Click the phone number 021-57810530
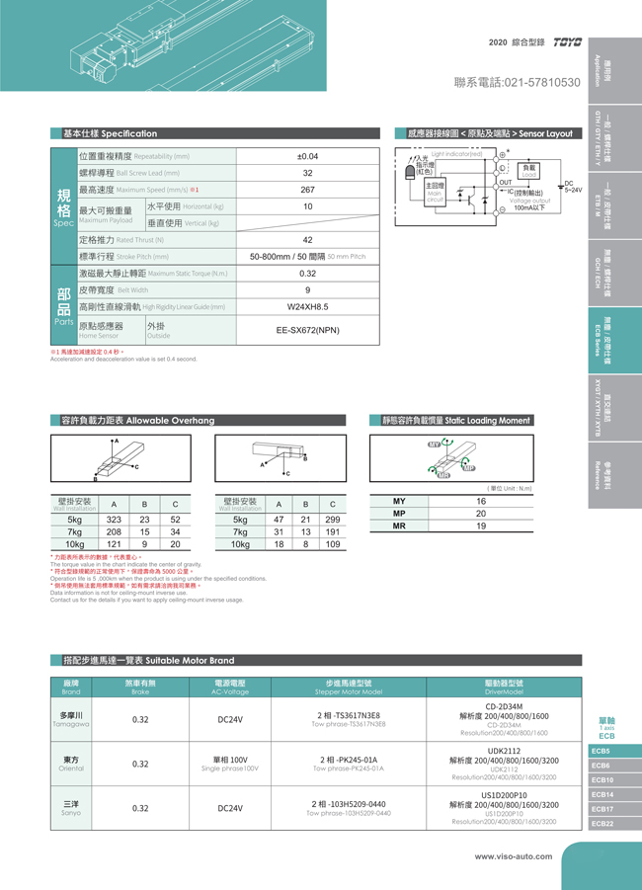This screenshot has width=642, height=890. [x=517, y=82]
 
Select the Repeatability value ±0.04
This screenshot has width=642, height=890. [x=307, y=156]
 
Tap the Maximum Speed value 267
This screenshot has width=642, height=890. [x=307, y=190]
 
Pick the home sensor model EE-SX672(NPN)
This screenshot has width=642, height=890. [x=307, y=330]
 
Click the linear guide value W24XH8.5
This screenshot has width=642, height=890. [x=307, y=307]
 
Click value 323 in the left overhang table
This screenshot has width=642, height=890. [x=114, y=519]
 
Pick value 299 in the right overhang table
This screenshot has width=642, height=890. [x=333, y=519]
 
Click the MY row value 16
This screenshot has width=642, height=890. [x=481, y=502]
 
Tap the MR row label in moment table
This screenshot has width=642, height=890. [x=399, y=526]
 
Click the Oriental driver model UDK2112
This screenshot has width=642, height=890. [x=504, y=751]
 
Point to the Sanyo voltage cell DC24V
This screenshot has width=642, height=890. [x=230, y=807]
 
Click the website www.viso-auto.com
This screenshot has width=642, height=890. [x=513, y=856]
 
